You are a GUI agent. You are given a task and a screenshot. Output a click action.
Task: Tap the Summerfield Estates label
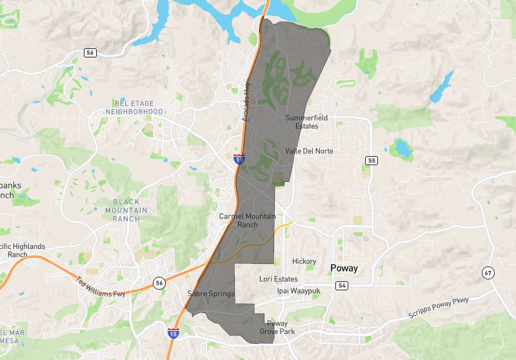click(x=302, y=122)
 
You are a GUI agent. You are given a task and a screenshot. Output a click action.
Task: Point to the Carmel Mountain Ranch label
click(x=247, y=220)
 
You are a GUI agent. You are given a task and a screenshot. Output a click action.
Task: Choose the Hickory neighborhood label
click(x=304, y=261)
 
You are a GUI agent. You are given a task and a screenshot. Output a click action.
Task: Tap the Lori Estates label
click(x=279, y=279)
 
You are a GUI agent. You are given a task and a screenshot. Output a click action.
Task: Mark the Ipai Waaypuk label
click(x=299, y=290)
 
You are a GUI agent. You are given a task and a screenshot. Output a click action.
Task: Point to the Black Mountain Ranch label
click(x=126, y=210)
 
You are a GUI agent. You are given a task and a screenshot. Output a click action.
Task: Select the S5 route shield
click(x=371, y=160)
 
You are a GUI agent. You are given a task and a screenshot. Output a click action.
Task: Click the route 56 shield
click(x=159, y=282)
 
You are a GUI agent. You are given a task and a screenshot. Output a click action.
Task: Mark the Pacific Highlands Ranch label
click(x=23, y=250)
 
